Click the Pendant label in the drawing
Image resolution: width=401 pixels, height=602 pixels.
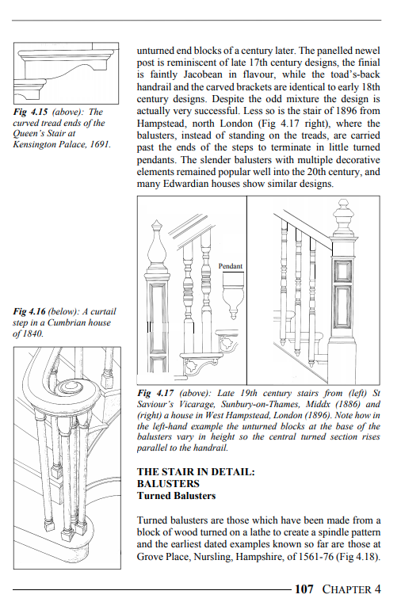(231, 266)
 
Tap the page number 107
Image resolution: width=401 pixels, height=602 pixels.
(304, 589)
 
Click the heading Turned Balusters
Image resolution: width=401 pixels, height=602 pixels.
(176, 496)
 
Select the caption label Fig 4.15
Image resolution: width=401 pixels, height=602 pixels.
(30, 112)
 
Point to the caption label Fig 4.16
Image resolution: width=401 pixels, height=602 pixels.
(29, 311)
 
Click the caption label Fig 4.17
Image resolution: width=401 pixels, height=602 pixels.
(155, 393)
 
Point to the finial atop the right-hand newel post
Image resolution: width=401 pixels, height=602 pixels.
(343, 217)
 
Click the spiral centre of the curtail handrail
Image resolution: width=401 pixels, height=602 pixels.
(70, 387)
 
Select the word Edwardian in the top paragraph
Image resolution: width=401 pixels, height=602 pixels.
(183, 184)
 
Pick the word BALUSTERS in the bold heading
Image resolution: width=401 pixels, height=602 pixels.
(168, 484)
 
